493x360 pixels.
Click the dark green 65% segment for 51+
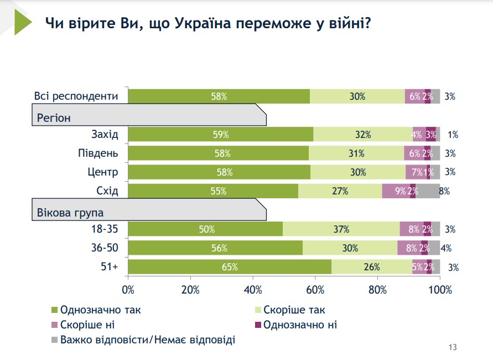230,266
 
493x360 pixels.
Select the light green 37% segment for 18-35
341,229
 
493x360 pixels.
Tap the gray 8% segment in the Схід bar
428,191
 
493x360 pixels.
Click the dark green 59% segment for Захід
220,134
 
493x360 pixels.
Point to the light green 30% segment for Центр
357,172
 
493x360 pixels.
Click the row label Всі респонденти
76,96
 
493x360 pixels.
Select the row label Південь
100,153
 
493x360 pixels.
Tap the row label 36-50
105,248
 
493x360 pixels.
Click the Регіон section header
54,117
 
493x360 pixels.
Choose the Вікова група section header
70,213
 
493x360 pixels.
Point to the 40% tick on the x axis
253,290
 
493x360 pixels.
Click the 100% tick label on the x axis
440,290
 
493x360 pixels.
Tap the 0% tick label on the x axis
128,290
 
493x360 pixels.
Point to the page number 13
453,347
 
